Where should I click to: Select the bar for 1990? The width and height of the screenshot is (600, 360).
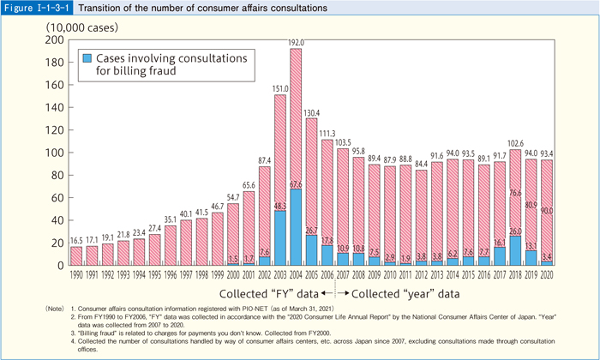75,255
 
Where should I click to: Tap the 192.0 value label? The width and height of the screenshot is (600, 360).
296,42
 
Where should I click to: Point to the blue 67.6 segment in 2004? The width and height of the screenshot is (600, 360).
296,227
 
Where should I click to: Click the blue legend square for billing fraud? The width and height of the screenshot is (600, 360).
87,59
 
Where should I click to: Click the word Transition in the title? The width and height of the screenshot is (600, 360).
105,8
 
